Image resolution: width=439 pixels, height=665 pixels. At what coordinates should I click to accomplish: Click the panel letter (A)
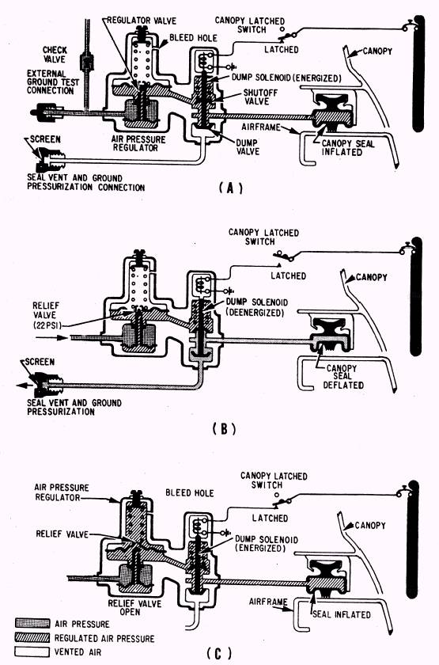[x=231, y=188]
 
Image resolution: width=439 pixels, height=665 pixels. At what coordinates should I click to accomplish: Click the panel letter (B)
[x=224, y=429]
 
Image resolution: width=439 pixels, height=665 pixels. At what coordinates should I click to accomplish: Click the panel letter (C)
[x=219, y=652]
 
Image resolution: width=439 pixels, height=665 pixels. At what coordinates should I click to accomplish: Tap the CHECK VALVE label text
[x=55, y=55]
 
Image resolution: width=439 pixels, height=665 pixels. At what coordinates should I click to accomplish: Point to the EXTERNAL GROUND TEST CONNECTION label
[x=52, y=82]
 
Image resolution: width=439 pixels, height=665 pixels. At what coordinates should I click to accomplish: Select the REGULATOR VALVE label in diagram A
[x=141, y=21]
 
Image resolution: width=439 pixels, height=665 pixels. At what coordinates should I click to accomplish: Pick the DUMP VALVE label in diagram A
[x=248, y=146]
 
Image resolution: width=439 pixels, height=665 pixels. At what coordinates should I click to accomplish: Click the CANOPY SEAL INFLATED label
[x=348, y=147]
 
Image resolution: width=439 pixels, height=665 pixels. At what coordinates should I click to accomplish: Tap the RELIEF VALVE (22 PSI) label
[x=46, y=315]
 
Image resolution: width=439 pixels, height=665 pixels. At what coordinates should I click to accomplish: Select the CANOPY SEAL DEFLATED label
[x=342, y=377]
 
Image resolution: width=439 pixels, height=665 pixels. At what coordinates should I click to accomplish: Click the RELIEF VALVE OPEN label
[x=134, y=607]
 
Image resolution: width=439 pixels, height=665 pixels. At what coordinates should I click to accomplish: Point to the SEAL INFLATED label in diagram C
[x=341, y=614]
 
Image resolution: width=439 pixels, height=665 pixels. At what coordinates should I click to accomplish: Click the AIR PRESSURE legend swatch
[x=32, y=623]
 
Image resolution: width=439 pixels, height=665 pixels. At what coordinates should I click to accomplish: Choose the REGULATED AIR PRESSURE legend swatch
[x=32, y=637]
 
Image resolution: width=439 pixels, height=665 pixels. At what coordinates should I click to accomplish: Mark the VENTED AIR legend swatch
[x=32, y=652]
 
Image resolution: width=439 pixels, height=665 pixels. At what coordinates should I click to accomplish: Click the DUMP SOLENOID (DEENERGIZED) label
[x=257, y=307]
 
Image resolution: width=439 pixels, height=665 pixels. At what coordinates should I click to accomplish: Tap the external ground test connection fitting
[x=43, y=112]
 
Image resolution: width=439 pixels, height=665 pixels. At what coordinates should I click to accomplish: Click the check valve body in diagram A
[x=87, y=63]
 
